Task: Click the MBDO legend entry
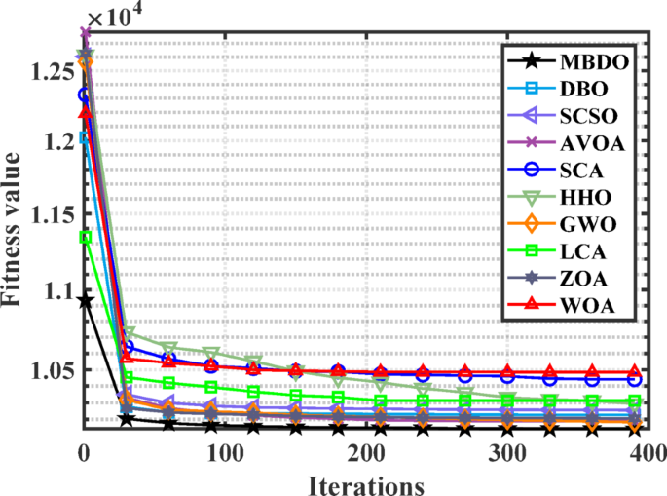click(592, 61)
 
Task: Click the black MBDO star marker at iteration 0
click(85, 301)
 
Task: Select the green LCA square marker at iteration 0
click(85, 237)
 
